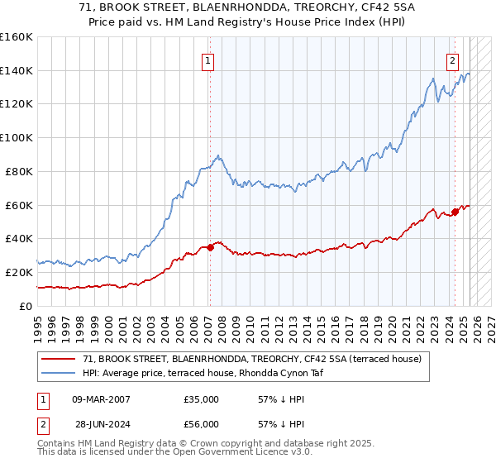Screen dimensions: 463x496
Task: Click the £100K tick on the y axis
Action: click(17, 138)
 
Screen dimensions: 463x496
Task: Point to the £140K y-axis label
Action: click(17, 71)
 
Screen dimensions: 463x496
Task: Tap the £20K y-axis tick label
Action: click(19, 272)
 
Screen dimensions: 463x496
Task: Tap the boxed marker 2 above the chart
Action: click(453, 60)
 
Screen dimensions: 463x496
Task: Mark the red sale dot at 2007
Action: click(210, 247)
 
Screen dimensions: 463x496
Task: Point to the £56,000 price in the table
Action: click(202, 423)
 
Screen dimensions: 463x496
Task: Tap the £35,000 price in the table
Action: click(202, 399)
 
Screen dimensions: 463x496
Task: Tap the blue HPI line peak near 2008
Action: click(217, 155)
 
